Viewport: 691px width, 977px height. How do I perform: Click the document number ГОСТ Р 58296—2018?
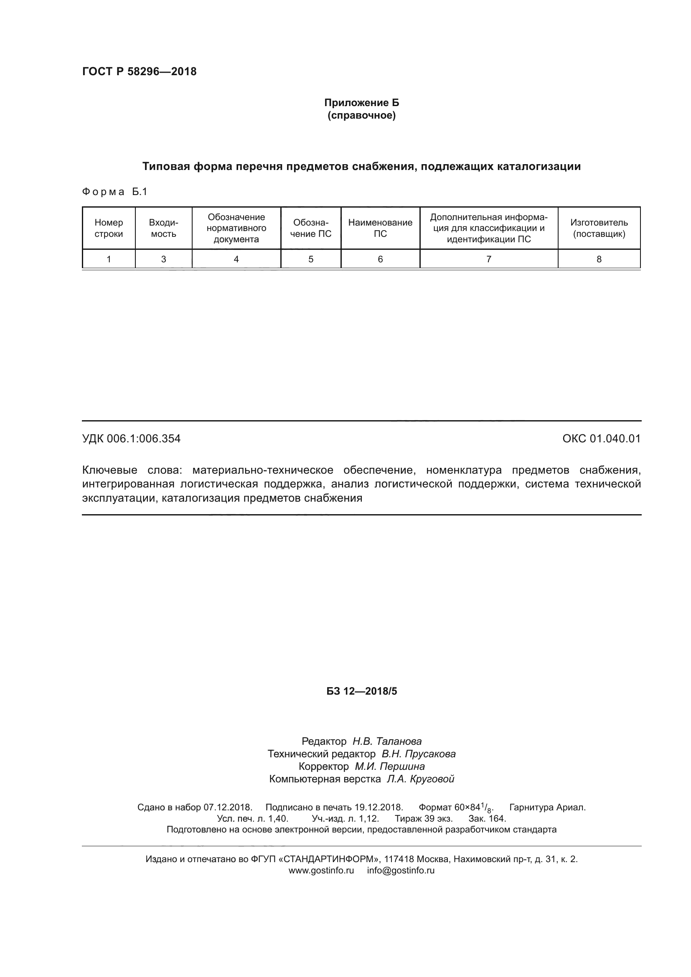tap(139, 71)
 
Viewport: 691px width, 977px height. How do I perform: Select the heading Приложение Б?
tap(361, 103)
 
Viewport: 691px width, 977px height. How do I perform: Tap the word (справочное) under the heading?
tap(361, 115)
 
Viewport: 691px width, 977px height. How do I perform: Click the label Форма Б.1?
tap(114, 192)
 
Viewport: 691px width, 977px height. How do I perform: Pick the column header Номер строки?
tap(109, 228)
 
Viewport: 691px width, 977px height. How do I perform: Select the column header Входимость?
tap(163, 228)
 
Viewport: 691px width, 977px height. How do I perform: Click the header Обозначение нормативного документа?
tap(236, 228)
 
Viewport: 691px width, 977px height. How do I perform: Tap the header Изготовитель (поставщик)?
tap(599, 228)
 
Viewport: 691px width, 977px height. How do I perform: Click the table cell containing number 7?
tap(488, 259)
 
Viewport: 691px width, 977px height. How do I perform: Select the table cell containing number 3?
tap(163, 259)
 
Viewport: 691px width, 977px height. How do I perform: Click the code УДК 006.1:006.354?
tap(131, 439)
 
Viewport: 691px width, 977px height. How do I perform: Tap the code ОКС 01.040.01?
tap(601, 439)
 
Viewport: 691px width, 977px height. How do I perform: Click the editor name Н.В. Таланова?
tap(387, 741)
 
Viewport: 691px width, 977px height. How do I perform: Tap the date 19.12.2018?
tap(378, 807)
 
